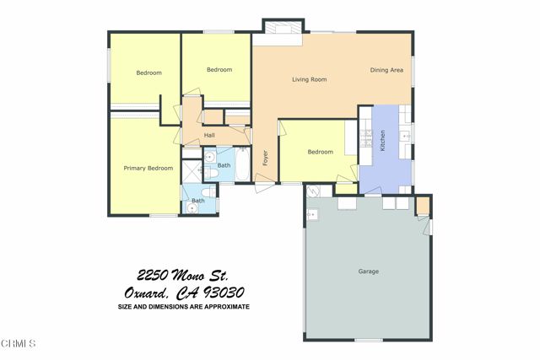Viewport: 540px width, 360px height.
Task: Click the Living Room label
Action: pyautogui.click(x=309, y=80)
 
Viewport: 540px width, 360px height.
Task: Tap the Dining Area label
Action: pyautogui.click(x=386, y=70)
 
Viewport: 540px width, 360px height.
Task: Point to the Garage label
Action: pyautogui.click(x=369, y=271)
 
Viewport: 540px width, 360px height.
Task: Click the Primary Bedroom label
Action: pyautogui.click(x=148, y=168)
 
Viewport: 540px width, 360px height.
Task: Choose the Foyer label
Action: pyautogui.click(x=266, y=157)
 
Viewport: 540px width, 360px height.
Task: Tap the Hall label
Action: pyautogui.click(x=209, y=136)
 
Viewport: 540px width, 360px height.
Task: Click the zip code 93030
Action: pyautogui.click(x=221, y=293)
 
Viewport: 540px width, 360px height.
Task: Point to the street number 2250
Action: pyautogui.click(x=154, y=276)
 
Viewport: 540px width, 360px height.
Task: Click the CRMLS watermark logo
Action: pyautogui.click(x=18, y=344)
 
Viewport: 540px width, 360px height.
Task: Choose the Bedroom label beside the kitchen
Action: pyautogui.click(x=320, y=152)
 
